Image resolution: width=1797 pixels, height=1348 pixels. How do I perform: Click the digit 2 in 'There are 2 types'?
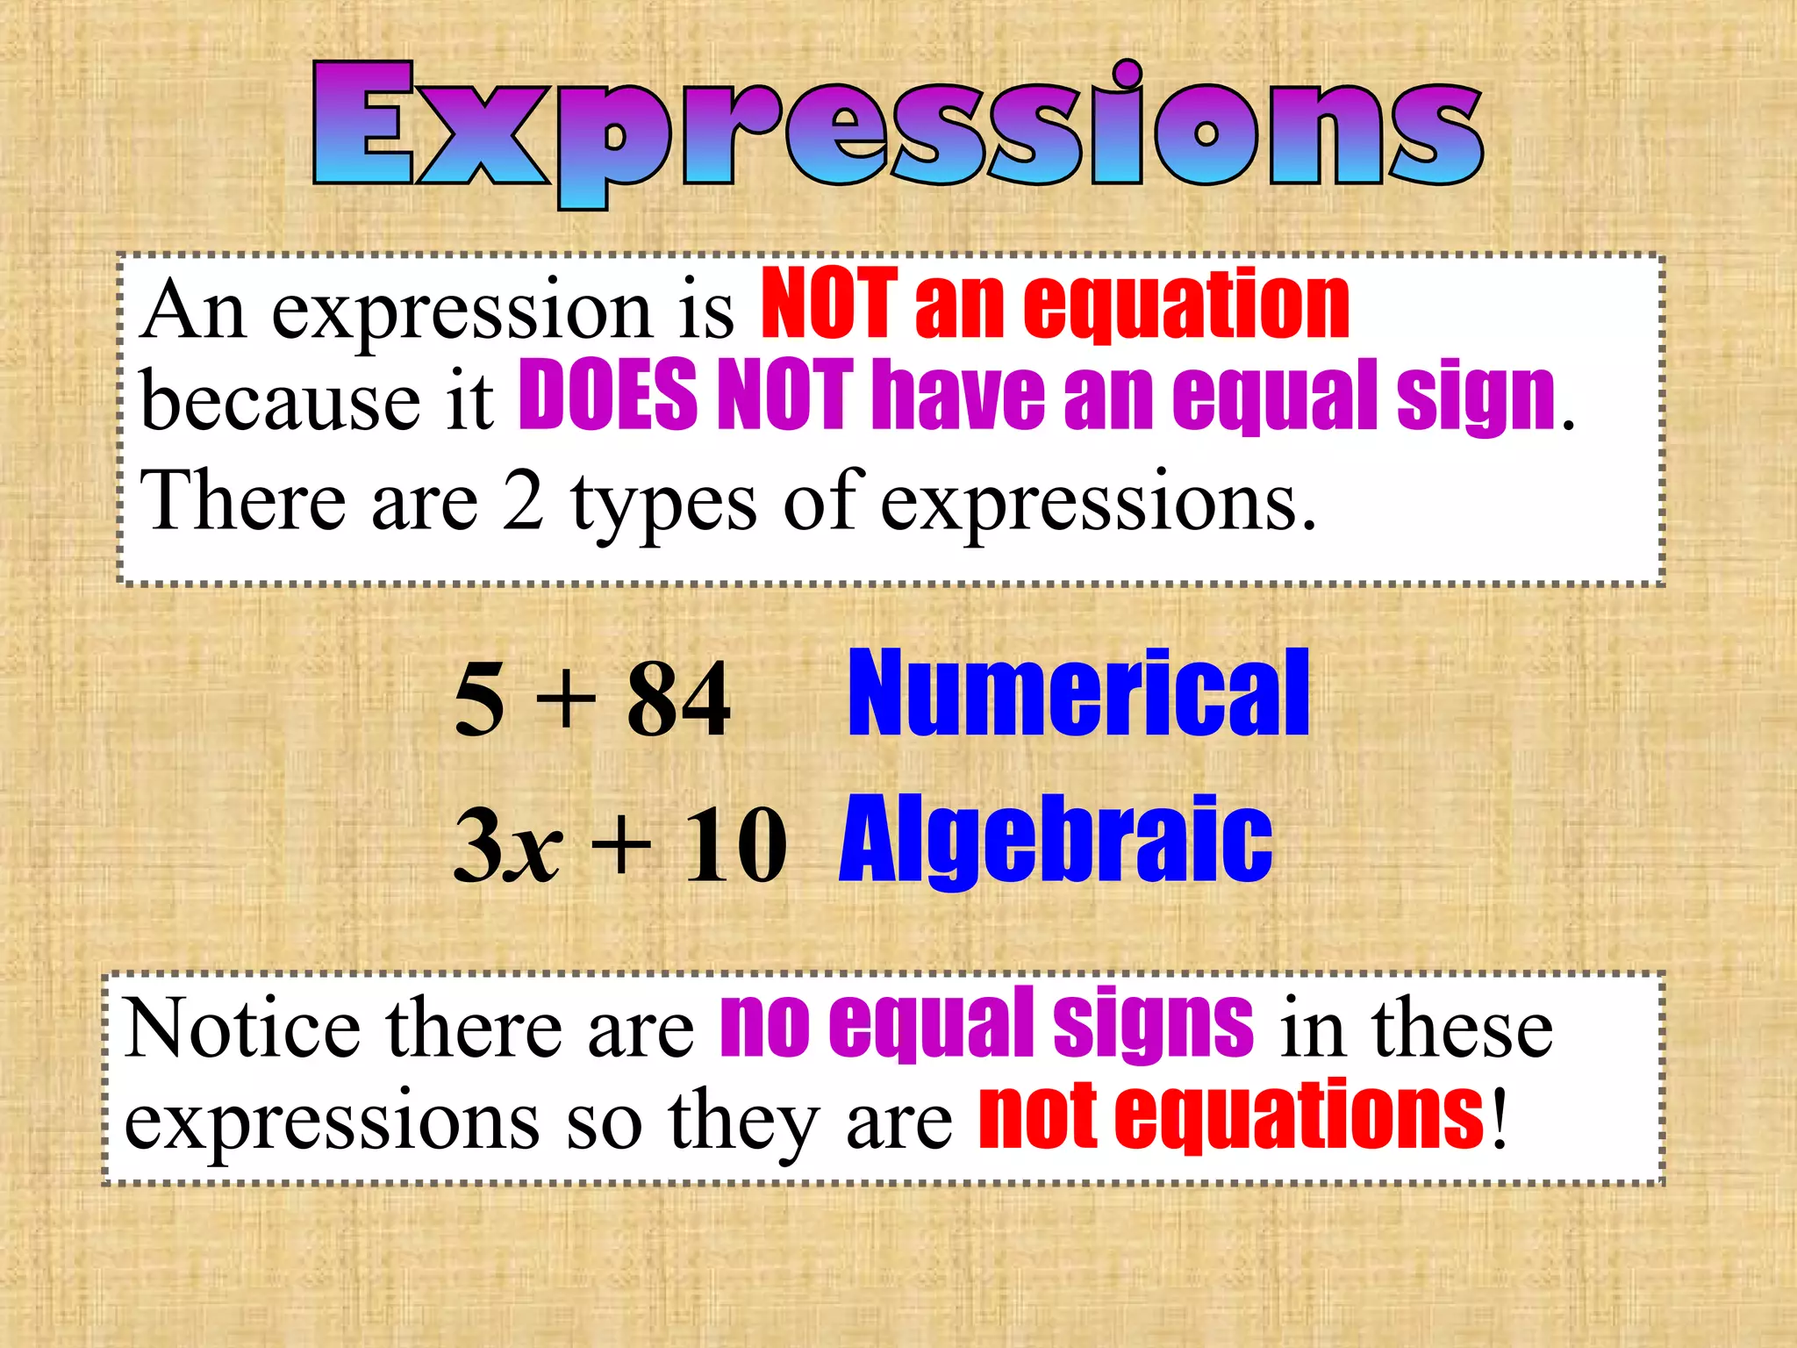(x=523, y=500)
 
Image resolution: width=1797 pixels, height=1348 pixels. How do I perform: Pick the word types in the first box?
(x=663, y=505)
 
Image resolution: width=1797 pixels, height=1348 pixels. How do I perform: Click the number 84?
(x=678, y=700)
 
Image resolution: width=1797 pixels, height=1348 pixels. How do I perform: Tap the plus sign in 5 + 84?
(x=566, y=700)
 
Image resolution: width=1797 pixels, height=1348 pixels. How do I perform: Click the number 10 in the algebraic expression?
(x=735, y=845)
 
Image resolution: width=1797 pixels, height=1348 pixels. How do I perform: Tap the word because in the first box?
(x=281, y=400)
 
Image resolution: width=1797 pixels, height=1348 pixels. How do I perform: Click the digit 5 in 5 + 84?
(x=480, y=700)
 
